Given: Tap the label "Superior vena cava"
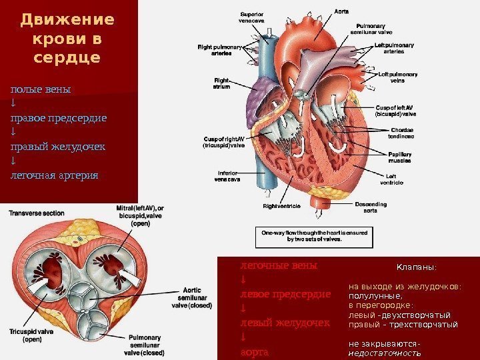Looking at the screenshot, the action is (251, 17).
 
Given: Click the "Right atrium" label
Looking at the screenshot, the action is (221, 83).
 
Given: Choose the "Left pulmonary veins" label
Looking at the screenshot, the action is (397, 77).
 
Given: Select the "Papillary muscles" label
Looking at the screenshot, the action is (400, 157).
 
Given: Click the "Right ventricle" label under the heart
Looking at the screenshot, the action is (282, 207).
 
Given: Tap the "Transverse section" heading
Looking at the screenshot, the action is (36, 213).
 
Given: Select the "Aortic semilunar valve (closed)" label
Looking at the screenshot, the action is (191, 298).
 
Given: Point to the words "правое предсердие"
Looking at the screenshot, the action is (58, 118).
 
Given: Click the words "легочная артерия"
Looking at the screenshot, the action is (53, 175).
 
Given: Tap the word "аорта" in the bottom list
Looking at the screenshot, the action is (253, 351).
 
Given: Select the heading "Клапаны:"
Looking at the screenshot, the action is (416, 267).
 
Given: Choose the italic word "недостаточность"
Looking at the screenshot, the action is (385, 353).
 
